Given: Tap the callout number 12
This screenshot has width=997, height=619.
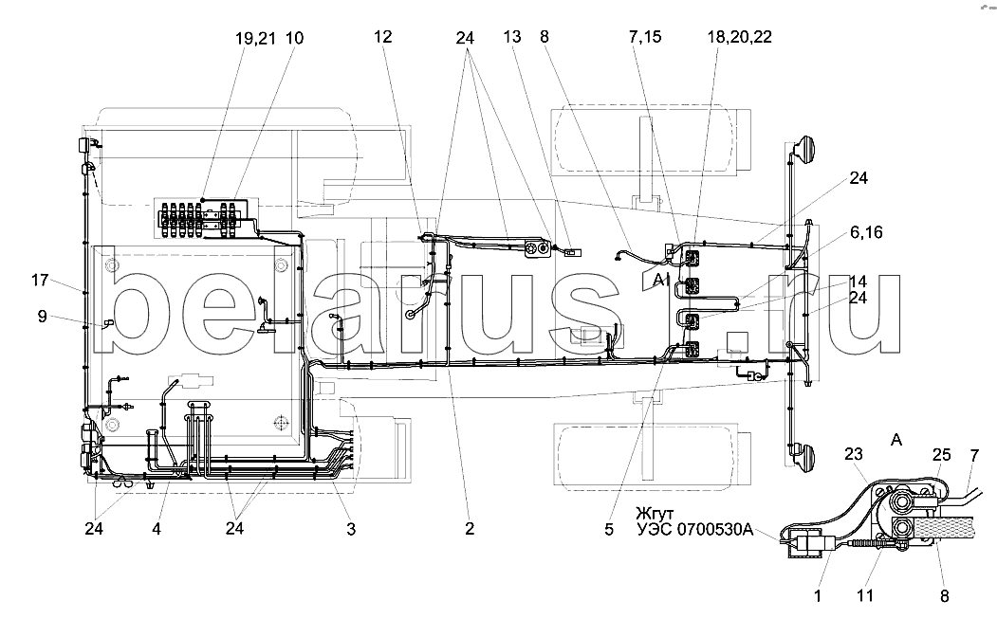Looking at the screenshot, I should point(382,38).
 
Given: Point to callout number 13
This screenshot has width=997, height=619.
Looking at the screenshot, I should point(512,38).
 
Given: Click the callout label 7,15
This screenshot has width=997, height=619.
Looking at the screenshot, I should point(644,38).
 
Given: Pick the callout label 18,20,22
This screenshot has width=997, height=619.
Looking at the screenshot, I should point(739,38).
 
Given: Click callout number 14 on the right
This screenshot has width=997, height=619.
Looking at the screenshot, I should point(858,282).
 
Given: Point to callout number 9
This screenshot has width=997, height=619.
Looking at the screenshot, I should point(42,317).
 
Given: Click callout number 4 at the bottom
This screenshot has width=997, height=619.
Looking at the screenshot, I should point(157,530).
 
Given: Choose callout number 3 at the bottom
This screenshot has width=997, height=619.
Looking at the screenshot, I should point(351,530).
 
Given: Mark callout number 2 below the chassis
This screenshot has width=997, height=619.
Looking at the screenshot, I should point(469,530).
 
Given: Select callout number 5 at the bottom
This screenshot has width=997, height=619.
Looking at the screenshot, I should point(608,530).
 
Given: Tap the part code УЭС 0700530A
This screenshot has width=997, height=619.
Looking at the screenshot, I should point(694,530).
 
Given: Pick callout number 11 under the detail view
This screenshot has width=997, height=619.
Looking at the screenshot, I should point(864,596).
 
